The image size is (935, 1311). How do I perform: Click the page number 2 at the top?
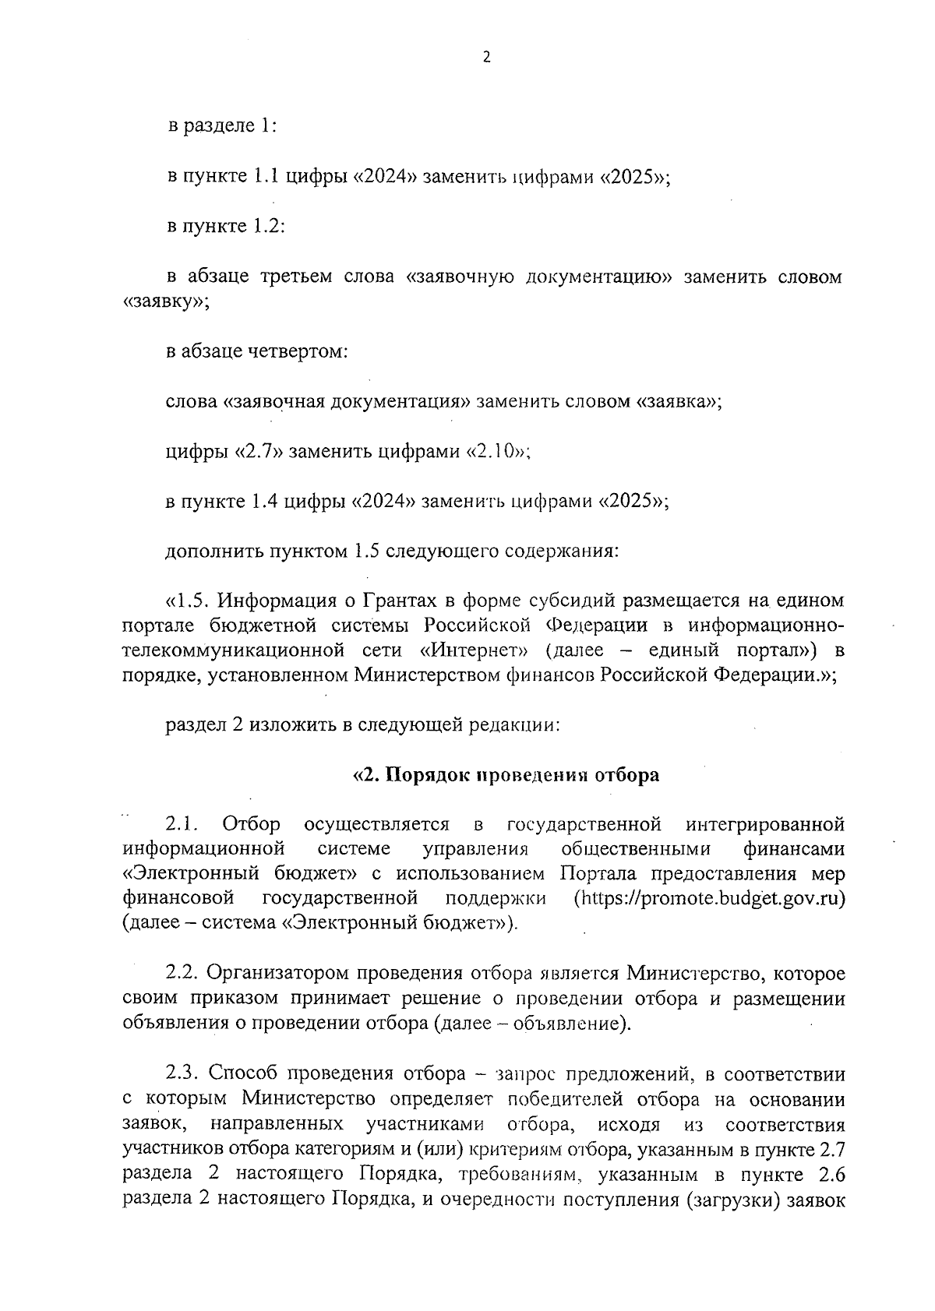tap(487, 57)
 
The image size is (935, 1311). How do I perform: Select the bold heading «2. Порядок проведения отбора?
tap(506, 775)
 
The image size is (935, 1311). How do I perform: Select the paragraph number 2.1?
tap(184, 824)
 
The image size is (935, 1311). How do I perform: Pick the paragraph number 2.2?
tap(184, 974)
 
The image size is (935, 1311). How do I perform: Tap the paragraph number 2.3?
tap(184, 1073)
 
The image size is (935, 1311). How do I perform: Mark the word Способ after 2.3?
tap(245, 1073)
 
